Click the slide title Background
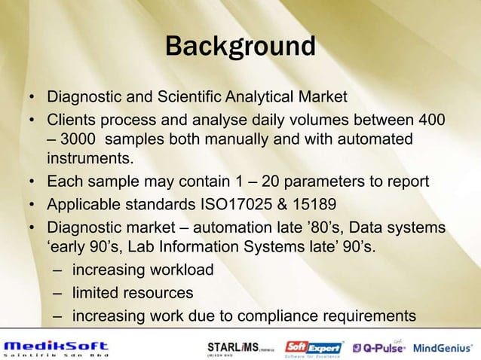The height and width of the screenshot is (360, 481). (x=240, y=47)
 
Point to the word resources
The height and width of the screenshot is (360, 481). (x=156, y=292)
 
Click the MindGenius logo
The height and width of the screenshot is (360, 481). (x=445, y=347)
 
